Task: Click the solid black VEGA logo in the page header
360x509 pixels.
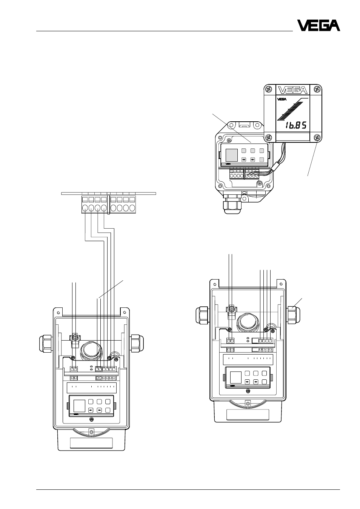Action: [x=318, y=25]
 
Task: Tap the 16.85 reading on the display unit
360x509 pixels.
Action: [x=296, y=125]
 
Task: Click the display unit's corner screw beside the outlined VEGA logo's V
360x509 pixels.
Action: [x=269, y=89]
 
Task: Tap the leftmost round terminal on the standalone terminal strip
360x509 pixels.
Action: [x=85, y=208]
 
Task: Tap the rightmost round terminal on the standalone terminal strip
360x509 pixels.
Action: [x=132, y=208]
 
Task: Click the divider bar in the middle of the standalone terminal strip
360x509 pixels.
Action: [x=109, y=205]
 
